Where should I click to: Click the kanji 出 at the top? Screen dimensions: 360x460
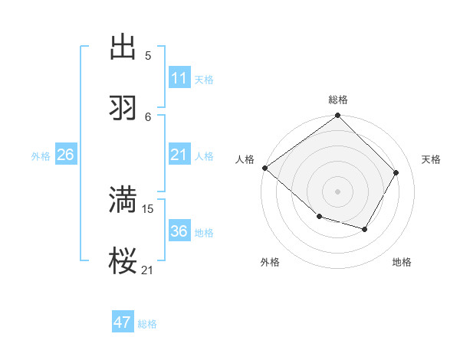pos(123,47)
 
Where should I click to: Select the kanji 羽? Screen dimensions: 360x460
pos(123,108)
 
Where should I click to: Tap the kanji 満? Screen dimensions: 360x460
pos(123,199)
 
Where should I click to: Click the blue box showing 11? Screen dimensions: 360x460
pos(179,78)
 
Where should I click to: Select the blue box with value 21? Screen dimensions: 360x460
pos(179,155)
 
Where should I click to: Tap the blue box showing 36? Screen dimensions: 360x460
pos(179,231)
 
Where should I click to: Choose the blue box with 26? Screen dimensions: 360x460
pos(66,155)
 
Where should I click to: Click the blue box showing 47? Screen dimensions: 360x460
pos(123,322)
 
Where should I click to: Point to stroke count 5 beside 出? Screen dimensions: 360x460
pos(148,55)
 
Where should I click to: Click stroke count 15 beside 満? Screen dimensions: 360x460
pos(149,208)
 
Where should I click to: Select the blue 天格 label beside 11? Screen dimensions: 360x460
pos(204,79)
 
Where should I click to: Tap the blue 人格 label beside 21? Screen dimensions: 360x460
pos(204,155)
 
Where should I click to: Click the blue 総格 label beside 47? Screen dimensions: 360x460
pos(147,324)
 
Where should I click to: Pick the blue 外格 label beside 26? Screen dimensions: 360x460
pos(41,155)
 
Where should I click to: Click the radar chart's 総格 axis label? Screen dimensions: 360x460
pos(338,100)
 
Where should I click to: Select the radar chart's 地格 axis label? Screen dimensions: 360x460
pos(402,262)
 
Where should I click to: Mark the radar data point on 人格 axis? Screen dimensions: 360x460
pos(264,168)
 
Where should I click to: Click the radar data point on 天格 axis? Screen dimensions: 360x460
pos(396,172)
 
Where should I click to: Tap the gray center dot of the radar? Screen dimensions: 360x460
pos(338,191)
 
